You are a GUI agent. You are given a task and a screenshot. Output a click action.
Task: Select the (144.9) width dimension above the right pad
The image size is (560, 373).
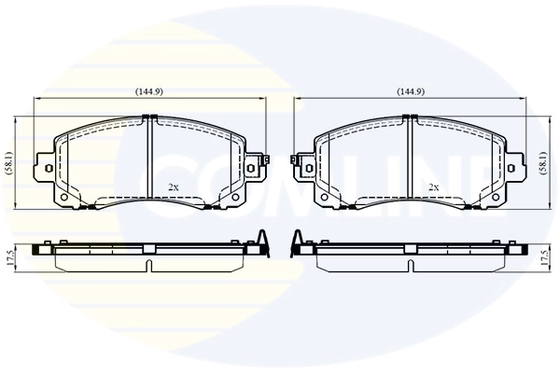[411, 91]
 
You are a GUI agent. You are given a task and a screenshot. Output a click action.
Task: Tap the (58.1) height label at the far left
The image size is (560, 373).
[7, 161]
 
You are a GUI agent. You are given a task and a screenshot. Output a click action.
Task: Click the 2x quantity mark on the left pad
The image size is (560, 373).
[172, 187]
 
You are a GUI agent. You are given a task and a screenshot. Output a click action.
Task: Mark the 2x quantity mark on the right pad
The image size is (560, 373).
[433, 187]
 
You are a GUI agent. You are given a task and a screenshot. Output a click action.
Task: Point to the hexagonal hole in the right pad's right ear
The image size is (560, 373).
[512, 167]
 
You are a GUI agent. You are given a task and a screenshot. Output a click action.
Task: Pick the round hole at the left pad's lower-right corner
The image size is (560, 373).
[234, 197]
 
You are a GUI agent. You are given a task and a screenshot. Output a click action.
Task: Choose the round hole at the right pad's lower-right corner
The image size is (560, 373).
[496, 197]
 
